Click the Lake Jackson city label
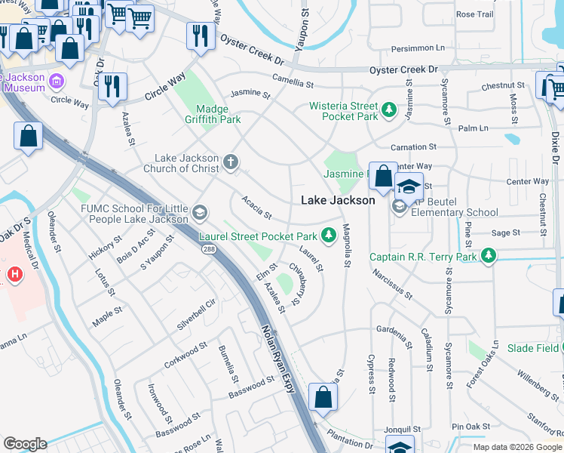click(337, 200)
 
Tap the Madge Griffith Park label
click(213, 114)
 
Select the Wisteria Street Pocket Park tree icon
click(389, 111)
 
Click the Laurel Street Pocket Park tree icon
click(328, 236)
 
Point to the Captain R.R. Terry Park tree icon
click(489, 257)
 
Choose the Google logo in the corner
click(25, 443)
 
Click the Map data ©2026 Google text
click(516, 447)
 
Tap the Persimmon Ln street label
click(418, 48)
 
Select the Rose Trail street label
click(474, 14)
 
